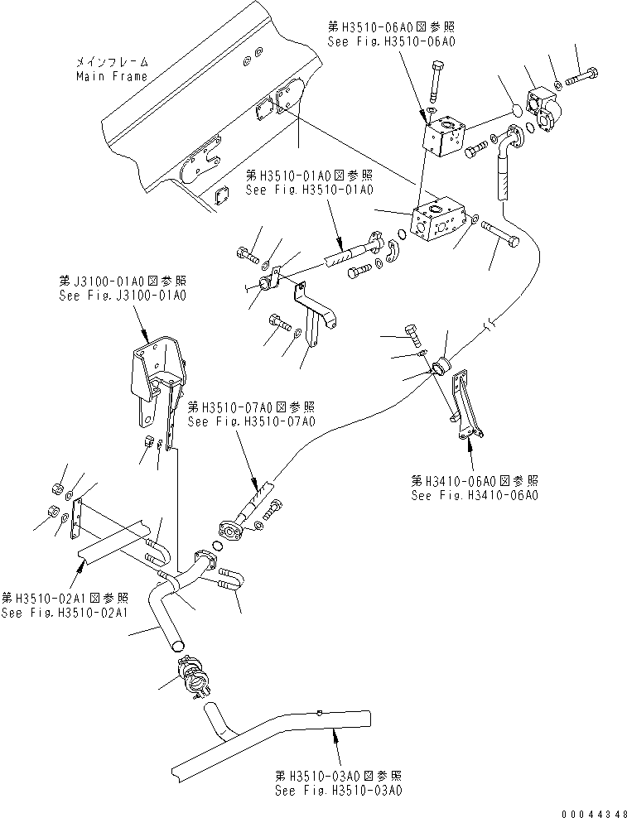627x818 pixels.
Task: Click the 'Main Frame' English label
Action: click(111, 76)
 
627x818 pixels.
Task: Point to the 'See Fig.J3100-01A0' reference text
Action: click(123, 294)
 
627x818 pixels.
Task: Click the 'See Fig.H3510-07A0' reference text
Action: click(251, 421)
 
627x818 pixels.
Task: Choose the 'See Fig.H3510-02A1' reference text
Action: click(65, 612)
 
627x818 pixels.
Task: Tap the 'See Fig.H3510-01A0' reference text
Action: click(309, 190)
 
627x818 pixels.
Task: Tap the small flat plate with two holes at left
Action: click(78, 519)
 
